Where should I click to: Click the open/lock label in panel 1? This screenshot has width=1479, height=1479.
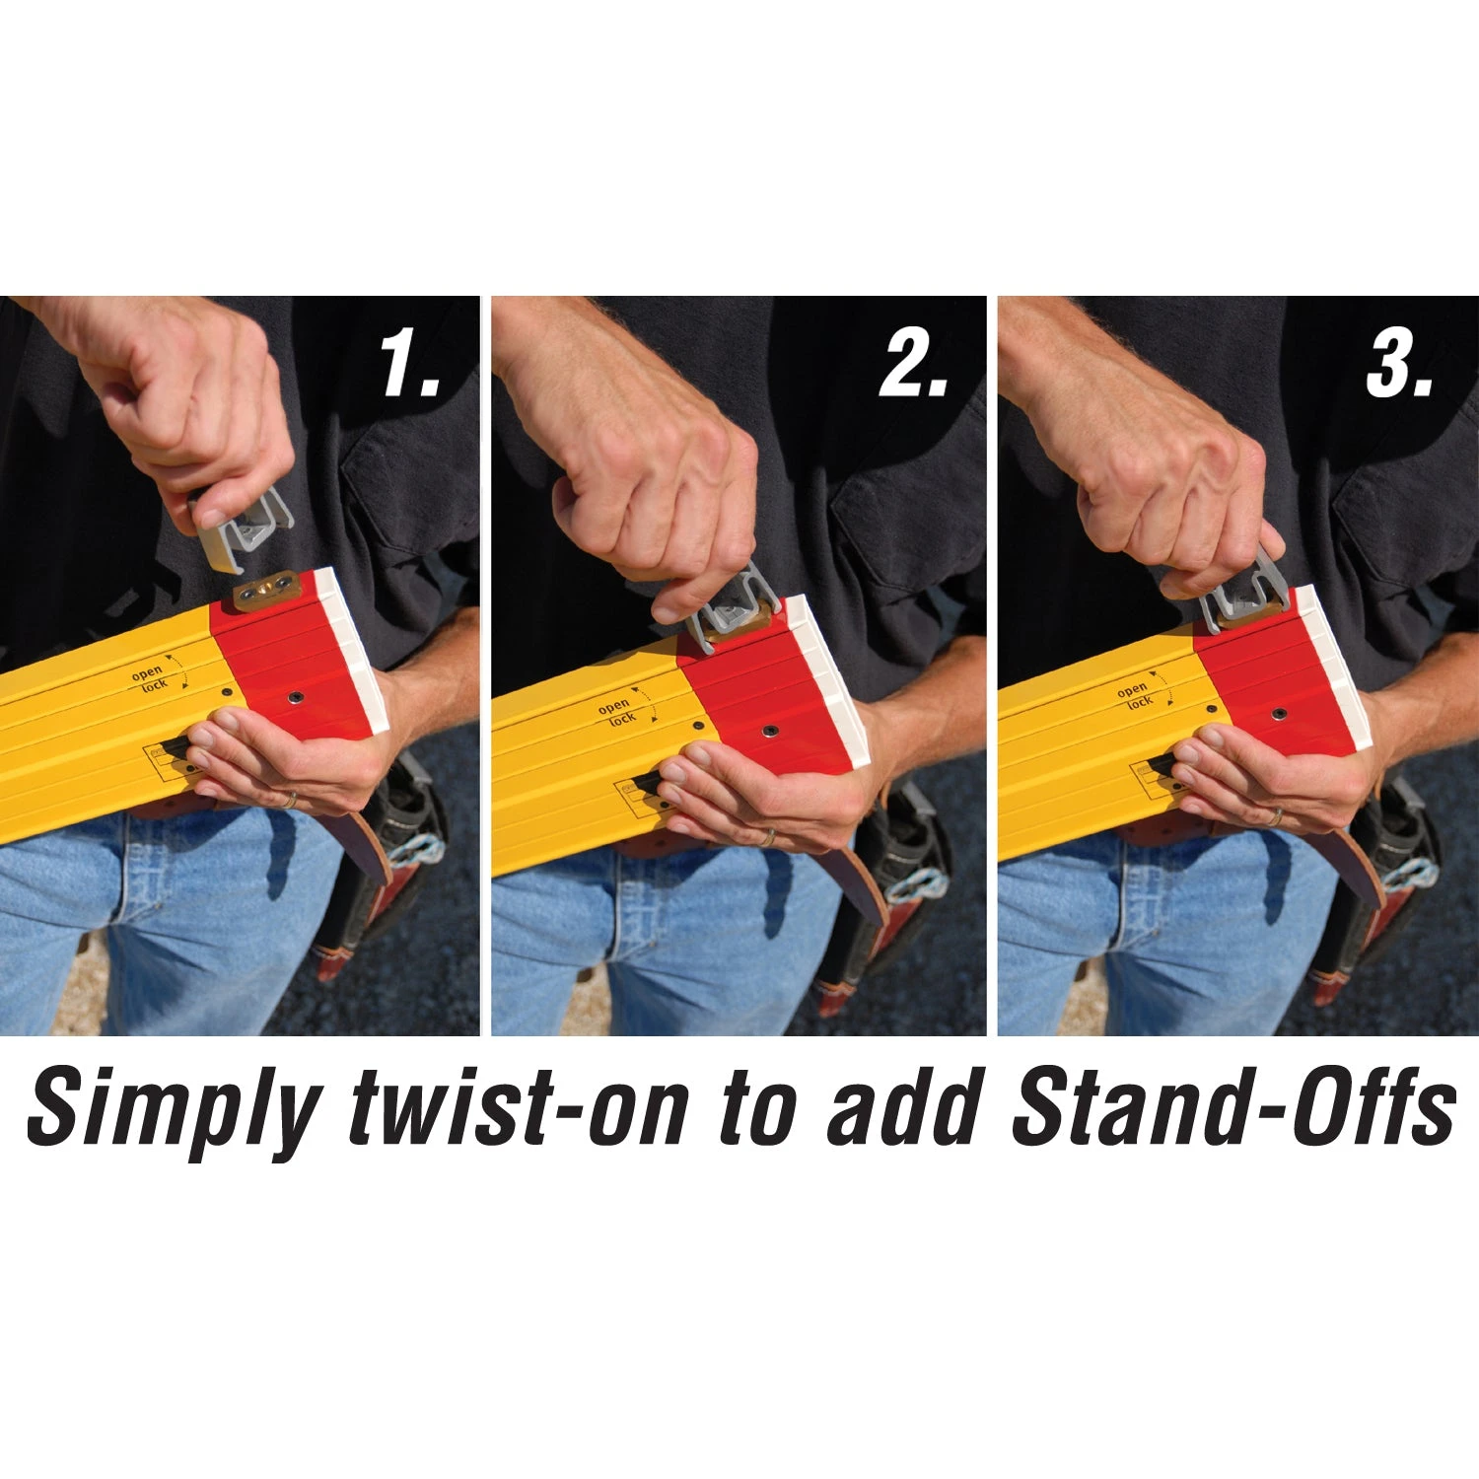tap(150, 678)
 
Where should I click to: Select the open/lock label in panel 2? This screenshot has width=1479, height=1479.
tap(617, 713)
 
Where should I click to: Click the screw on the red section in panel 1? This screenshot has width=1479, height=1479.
tap(295, 697)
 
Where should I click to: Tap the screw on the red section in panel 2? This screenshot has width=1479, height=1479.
tap(769, 732)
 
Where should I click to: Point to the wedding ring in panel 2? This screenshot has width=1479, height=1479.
tap(766, 836)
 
